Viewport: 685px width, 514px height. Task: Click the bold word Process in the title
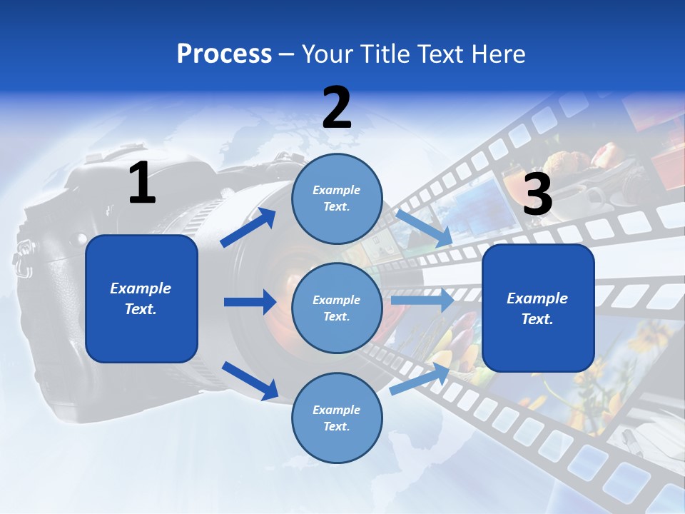pos(224,54)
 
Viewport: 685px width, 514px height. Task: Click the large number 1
pos(142,183)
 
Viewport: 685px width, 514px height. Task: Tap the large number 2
pos(337,108)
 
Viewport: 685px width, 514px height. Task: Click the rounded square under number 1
pos(141,298)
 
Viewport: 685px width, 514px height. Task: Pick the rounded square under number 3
pos(538,308)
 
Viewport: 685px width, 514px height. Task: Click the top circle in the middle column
pos(337,198)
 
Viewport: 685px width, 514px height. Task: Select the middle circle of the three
pos(337,308)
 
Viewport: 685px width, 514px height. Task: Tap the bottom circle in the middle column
pos(337,418)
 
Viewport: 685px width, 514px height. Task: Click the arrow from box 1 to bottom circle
pos(250,380)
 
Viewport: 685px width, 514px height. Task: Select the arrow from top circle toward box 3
pos(424,228)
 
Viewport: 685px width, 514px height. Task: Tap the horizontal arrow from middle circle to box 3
pos(422,300)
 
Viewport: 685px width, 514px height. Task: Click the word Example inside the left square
pos(141,288)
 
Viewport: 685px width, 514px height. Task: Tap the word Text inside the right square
pos(537,319)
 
